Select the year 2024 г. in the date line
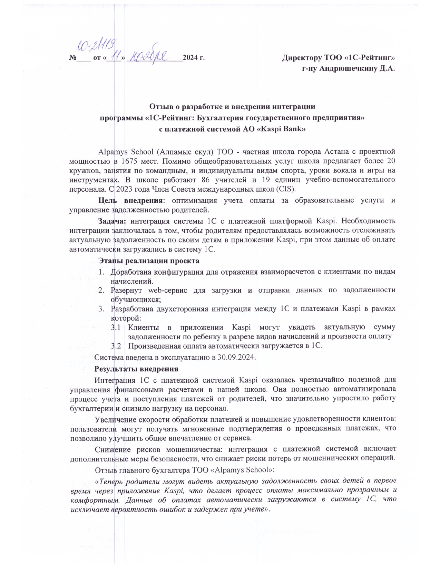point(194,57)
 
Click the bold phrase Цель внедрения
point(130,200)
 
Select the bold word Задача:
point(113,221)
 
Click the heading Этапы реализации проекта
point(149,260)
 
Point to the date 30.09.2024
point(236,357)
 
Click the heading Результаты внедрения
point(136,369)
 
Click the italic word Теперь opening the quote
point(111,481)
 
